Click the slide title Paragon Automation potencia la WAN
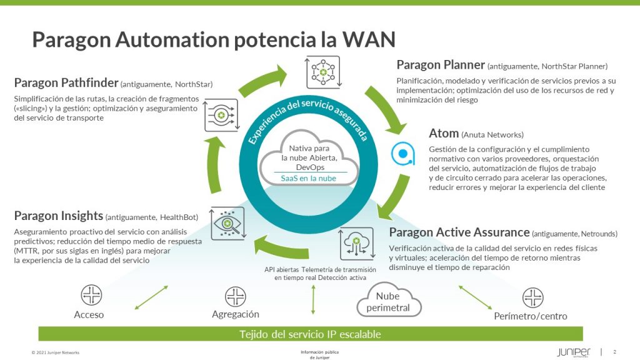214,39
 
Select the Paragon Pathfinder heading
66,82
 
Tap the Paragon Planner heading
441,64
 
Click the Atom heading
443,133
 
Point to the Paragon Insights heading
59,216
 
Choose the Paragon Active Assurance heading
459,232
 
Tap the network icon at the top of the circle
322,72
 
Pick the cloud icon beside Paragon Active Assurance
356,244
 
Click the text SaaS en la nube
309,178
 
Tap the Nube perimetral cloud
388,302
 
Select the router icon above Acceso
91,295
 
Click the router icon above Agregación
236,296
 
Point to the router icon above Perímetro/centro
532,297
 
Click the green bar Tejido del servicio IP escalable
311,334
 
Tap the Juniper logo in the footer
573,352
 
